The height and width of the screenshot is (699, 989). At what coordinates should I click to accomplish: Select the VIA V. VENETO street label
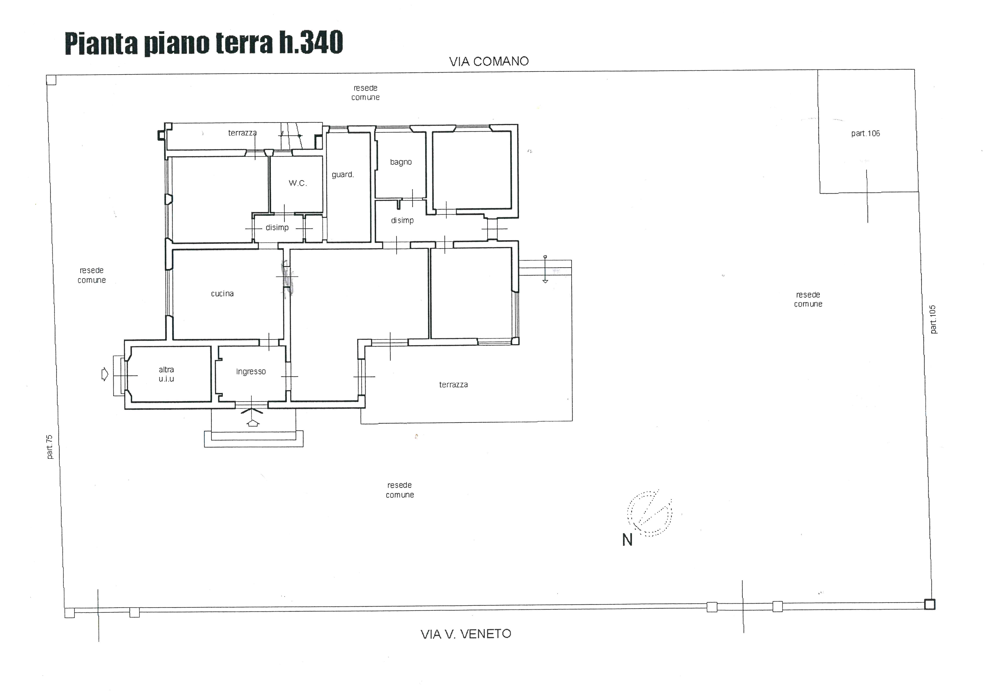pyautogui.click(x=466, y=634)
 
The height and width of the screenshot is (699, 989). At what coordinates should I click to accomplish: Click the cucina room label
pyautogui.click(x=222, y=294)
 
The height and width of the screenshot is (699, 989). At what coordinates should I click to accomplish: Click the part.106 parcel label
pyautogui.click(x=865, y=134)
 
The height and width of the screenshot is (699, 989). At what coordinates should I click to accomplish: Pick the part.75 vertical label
pyautogui.click(x=49, y=447)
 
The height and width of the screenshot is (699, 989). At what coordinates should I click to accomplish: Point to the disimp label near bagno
pyautogui.click(x=402, y=220)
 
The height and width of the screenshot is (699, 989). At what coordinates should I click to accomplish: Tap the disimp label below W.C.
pyautogui.click(x=277, y=227)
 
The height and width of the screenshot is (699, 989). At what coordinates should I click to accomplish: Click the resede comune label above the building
pyautogui.click(x=365, y=93)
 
